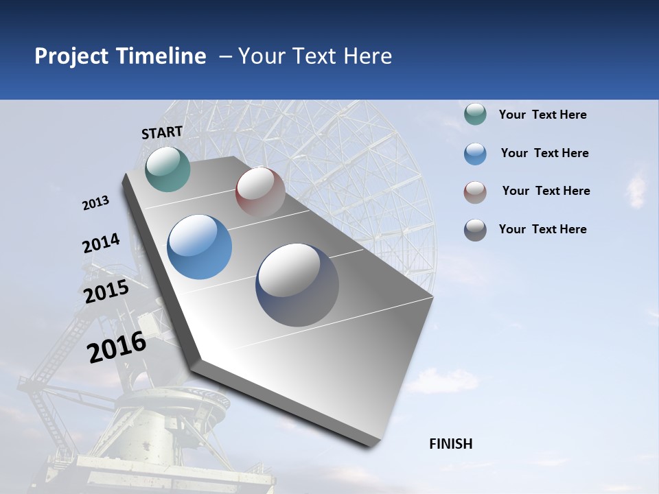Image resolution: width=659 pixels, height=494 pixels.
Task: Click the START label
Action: pos(162,132)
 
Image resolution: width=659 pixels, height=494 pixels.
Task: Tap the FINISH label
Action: pos(450,444)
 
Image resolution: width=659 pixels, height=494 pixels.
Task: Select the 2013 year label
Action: pos(96,203)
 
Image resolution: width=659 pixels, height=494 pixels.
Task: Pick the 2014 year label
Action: pos(101,244)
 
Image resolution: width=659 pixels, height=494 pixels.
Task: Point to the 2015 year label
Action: pos(106,292)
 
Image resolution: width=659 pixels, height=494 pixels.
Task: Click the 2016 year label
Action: pos(117,347)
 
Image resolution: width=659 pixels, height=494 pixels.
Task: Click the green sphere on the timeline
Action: pos(167,169)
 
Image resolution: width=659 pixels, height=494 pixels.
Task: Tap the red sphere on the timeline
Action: pos(260,192)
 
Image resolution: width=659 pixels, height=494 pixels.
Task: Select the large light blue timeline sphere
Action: pos(199,246)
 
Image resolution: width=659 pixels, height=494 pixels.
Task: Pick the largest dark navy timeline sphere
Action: pos(297,284)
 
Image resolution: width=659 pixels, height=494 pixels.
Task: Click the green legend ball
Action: pos(475,115)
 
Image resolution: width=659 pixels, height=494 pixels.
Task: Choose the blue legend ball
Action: pos(475,154)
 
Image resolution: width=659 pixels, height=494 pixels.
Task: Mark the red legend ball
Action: pos(475,192)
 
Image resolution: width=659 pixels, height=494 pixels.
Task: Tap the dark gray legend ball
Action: pos(475,230)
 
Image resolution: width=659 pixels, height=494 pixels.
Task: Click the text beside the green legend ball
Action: pos(542,115)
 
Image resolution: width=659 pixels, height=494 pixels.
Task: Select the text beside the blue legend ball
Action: pos(544,153)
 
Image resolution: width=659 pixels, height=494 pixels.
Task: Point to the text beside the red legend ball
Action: pos(546,191)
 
